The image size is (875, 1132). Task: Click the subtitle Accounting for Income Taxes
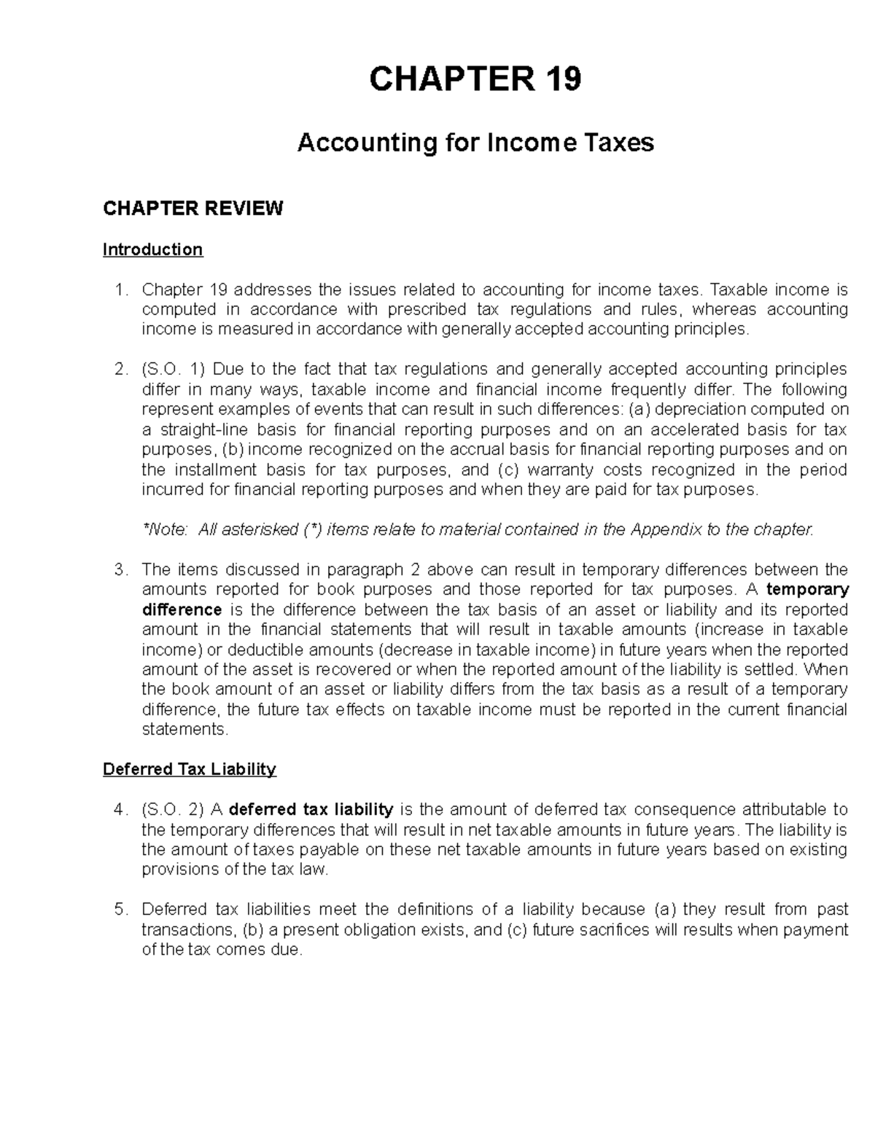pos(475,143)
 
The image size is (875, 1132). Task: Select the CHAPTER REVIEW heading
pos(192,209)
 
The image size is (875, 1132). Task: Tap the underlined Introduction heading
pos(152,250)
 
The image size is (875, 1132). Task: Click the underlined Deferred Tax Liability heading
pos(190,770)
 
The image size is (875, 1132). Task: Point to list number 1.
pos(121,290)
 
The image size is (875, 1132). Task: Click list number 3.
pos(121,569)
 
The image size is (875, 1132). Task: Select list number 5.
pos(121,910)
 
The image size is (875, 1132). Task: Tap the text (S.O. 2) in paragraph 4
pos(173,809)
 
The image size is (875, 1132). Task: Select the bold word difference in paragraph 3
pos(182,609)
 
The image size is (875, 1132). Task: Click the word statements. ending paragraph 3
pos(185,730)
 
